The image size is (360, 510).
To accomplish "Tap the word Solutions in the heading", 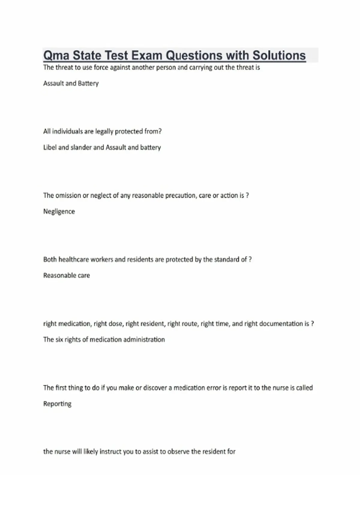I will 279,56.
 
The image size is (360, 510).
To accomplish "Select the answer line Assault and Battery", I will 71,83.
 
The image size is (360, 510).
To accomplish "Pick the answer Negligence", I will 59,211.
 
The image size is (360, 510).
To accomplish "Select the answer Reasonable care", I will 66,275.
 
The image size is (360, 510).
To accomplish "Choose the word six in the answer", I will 59,340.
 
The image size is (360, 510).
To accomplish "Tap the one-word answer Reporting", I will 57,404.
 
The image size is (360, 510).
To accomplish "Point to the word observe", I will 178,451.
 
